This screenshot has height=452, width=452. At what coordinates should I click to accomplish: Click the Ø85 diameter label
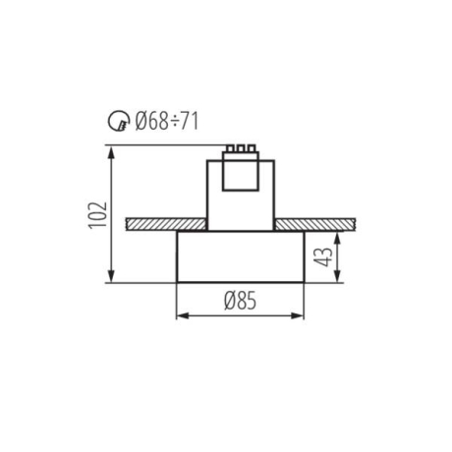click(x=240, y=303)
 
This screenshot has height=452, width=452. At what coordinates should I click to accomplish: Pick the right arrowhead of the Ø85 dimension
click(x=301, y=317)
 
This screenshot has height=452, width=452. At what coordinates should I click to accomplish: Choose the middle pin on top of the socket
click(x=239, y=150)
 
